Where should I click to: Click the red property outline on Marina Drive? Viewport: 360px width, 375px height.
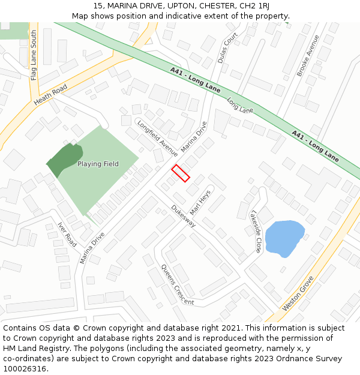click(x=181, y=173)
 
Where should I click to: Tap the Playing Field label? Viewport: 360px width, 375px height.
click(x=98, y=164)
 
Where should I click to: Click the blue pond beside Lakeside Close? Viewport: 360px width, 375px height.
click(x=284, y=238)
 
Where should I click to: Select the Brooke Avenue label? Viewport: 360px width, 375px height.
click(x=308, y=55)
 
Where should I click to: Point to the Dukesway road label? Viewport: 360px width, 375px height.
click(x=184, y=215)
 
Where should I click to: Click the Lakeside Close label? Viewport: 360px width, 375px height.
click(x=256, y=231)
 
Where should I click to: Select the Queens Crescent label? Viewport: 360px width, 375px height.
click(x=177, y=285)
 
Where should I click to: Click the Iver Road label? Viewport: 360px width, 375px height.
click(x=67, y=235)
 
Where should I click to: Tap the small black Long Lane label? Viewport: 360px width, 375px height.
click(x=240, y=106)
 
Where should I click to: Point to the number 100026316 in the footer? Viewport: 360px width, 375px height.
click(x=25, y=368)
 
